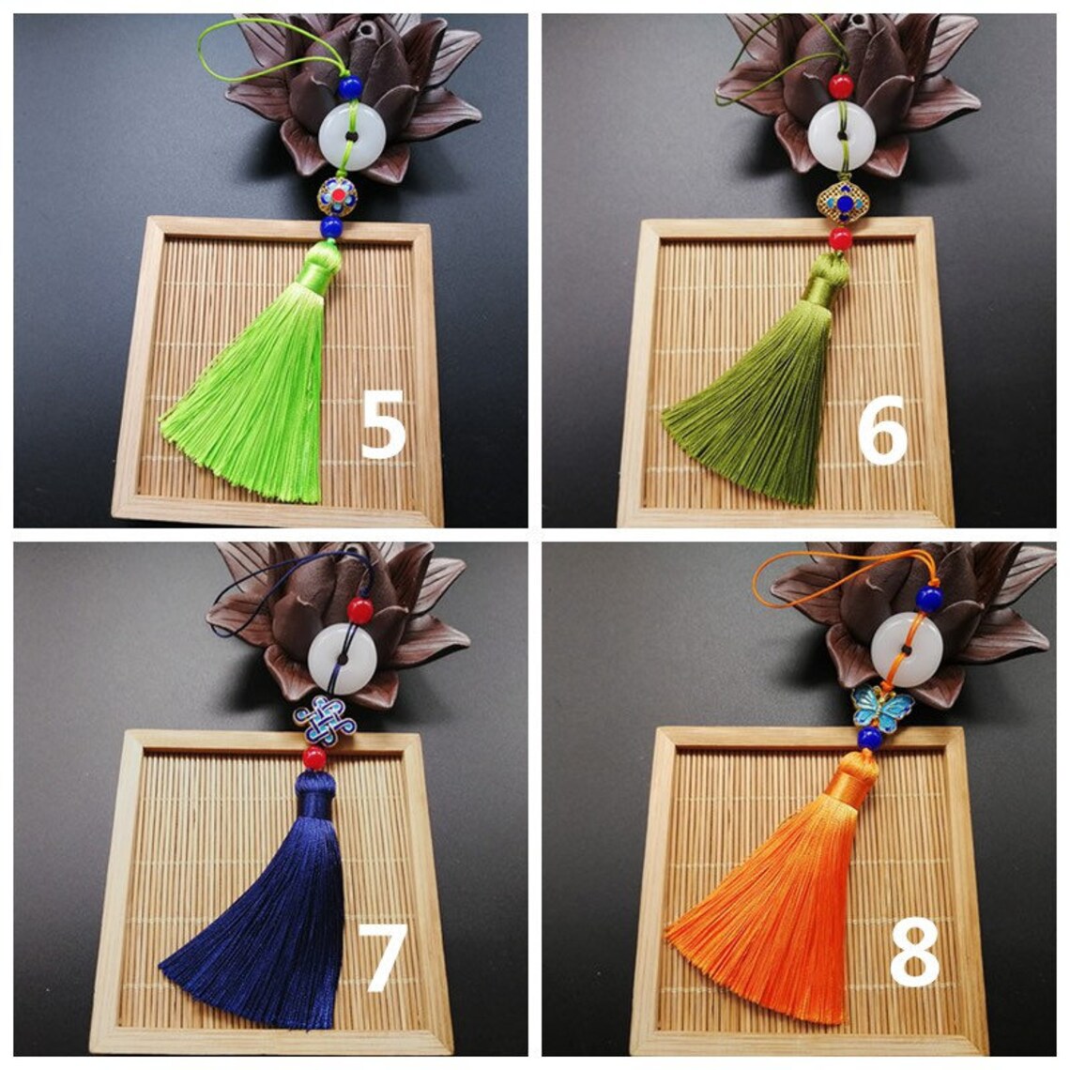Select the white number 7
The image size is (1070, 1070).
click(386, 956)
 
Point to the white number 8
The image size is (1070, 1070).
click(913, 952)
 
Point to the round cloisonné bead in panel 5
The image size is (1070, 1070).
click(337, 196)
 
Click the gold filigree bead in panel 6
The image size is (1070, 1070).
click(842, 201)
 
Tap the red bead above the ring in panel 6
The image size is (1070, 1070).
click(842, 86)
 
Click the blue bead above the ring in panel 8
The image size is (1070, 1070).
click(929, 598)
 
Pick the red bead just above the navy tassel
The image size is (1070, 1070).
click(315, 757)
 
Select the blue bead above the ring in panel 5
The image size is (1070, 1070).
click(351, 88)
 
